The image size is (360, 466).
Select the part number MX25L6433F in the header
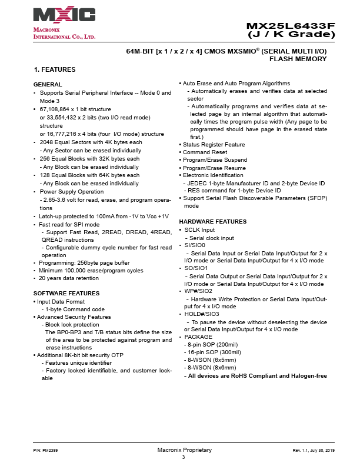point(290,26)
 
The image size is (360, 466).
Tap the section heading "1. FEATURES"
point(55,69)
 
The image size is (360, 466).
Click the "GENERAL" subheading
point(48,85)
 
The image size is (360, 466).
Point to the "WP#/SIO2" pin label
point(199,291)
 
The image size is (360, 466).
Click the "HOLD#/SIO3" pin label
point(202,314)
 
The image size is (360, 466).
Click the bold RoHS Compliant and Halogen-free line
point(257,375)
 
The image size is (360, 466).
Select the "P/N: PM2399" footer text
point(45,450)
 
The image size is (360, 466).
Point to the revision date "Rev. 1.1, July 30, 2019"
point(314,450)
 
